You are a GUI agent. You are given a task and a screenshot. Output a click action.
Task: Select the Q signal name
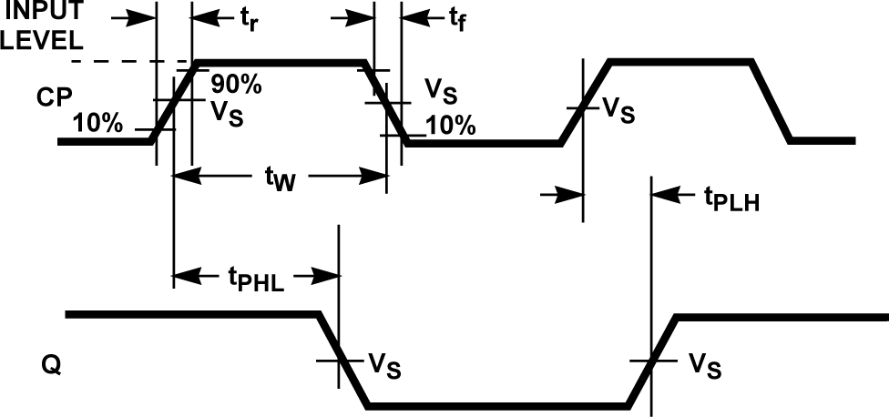point(51,367)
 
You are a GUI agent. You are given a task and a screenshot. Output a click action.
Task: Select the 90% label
point(236,84)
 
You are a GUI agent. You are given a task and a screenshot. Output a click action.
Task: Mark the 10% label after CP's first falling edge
point(450,126)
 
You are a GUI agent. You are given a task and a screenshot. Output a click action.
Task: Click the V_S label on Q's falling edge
point(383,365)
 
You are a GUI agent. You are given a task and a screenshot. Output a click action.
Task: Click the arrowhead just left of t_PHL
point(181,276)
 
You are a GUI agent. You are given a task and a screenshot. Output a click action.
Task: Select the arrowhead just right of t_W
point(377,176)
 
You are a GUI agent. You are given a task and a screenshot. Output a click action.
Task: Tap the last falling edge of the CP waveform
point(771,101)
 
